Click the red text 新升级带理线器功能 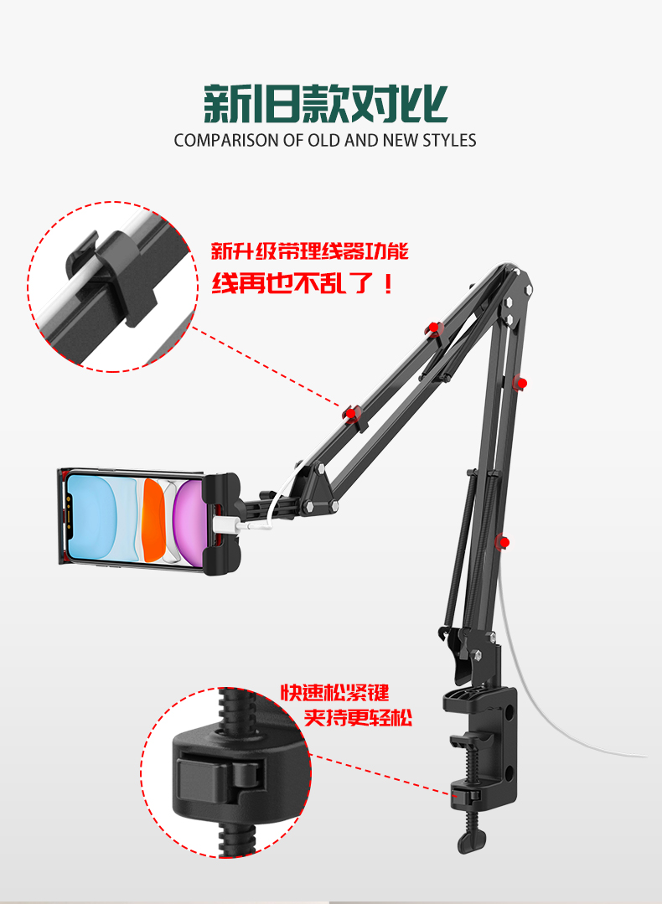click(309, 251)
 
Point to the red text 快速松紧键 click(334, 693)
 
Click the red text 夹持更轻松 click(359, 719)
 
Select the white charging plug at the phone click(224, 524)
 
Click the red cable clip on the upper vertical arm click(520, 383)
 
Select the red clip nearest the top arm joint click(432, 328)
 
